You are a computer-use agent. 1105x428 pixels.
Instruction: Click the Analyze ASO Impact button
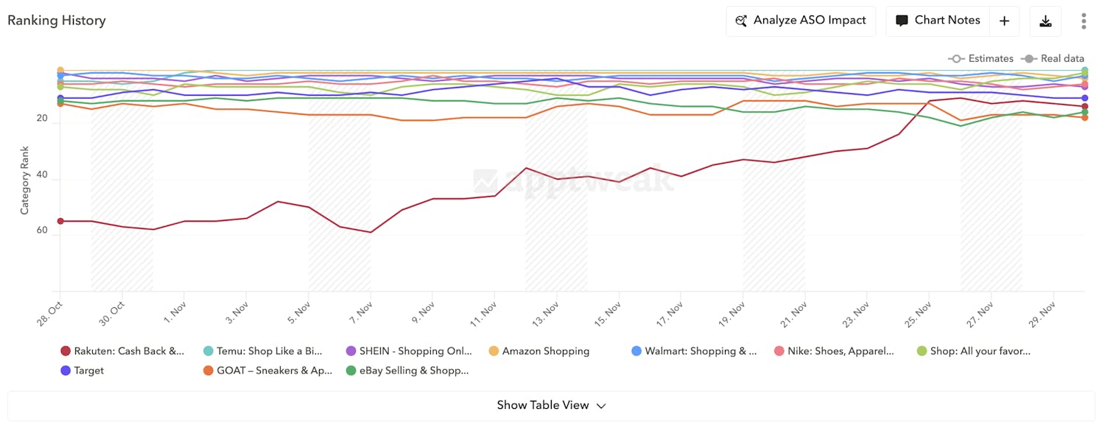[801, 21]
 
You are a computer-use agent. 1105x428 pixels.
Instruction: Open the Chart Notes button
[938, 21]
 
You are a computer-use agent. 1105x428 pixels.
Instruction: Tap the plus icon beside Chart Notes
[1004, 21]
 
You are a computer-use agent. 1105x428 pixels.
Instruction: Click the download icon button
[1045, 21]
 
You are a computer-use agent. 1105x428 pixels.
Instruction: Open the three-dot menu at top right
[1084, 21]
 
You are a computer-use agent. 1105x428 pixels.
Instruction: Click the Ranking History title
[57, 21]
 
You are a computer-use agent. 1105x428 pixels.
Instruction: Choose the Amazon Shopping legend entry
[539, 351]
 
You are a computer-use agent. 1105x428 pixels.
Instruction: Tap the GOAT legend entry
[267, 371]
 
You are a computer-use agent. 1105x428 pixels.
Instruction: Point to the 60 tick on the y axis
[41, 231]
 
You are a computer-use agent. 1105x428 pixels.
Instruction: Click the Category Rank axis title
[24, 180]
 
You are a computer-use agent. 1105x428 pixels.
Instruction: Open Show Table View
[551, 405]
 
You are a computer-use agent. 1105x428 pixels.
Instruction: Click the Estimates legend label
[990, 58]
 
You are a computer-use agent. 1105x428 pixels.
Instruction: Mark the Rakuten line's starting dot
[60, 221]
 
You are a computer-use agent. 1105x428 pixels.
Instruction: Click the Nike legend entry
[834, 351]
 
